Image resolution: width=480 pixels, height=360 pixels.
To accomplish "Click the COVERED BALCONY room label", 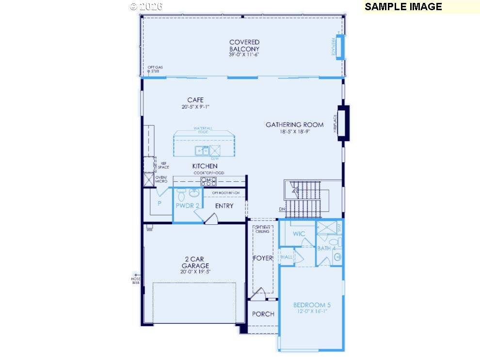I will point(244,46).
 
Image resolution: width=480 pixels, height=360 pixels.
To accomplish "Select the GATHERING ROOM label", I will point(294,125).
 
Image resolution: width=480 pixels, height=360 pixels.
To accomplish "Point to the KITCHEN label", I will point(204,166).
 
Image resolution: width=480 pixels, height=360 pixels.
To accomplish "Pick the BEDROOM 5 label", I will point(312,305).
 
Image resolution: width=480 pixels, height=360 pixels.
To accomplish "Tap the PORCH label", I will point(263,314).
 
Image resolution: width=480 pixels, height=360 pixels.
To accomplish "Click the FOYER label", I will point(263,258).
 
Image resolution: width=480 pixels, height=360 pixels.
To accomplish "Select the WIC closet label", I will point(299,234).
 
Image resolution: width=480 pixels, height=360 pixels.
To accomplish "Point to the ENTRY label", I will point(224,206).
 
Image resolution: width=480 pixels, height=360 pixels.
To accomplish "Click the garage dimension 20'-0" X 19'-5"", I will point(195,272).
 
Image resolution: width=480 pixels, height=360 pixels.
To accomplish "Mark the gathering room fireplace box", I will point(343,123).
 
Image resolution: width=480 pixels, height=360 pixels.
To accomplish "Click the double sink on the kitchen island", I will point(202,151).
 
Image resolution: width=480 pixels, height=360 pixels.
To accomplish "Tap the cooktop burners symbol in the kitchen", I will point(208,182).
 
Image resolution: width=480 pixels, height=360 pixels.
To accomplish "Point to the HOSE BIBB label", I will point(135,280).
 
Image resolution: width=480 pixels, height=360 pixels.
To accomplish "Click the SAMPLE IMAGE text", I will point(403,7).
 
